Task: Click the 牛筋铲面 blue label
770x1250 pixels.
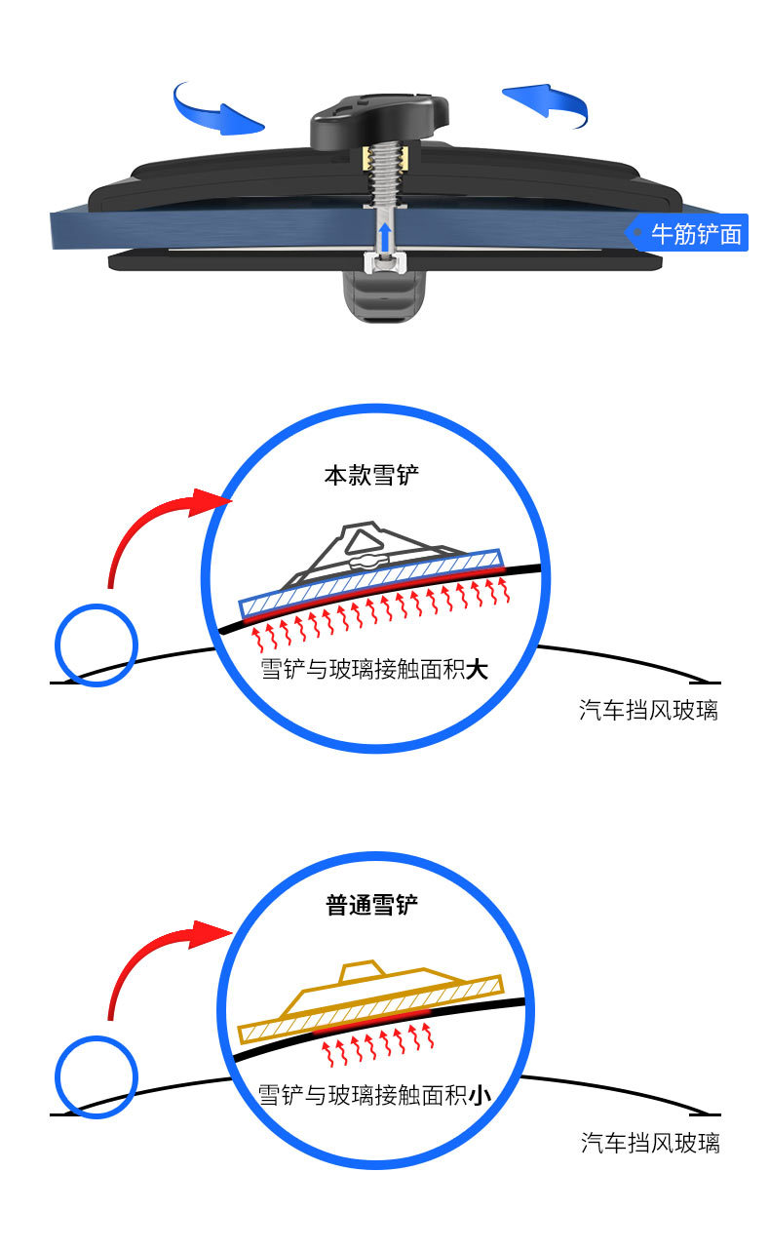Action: tap(687, 234)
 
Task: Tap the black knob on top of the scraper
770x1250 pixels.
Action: tap(381, 122)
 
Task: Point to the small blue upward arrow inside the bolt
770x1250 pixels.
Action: tap(386, 235)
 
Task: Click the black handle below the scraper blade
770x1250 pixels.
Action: tap(385, 296)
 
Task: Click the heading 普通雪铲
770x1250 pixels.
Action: tap(371, 905)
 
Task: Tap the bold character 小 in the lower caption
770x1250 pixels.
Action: tap(478, 1096)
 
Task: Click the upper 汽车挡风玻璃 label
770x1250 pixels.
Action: tap(648, 710)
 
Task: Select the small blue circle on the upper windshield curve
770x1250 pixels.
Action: tap(96, 644)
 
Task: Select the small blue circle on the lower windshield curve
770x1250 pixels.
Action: tap(96, 1076)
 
